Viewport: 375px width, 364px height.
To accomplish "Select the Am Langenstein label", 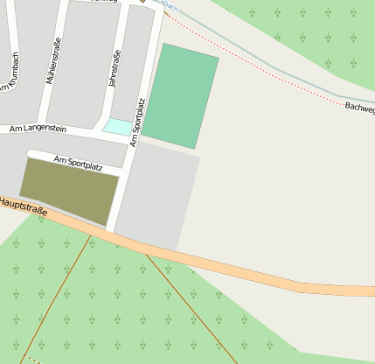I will click(x=38, y=129).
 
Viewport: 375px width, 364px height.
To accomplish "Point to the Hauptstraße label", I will click(x=23, y=206).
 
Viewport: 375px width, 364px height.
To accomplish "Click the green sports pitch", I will click(x=180, y=95).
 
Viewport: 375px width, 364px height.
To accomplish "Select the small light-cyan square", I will click(x=116, y=126).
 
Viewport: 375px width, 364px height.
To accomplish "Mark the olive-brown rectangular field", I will click(x=69, y=190).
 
